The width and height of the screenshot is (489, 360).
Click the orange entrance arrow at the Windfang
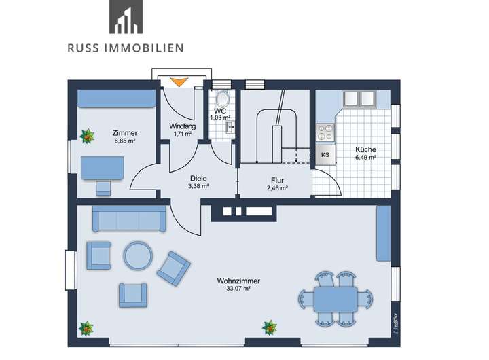click(179, 82)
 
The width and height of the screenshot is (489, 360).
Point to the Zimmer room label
click(125, 133)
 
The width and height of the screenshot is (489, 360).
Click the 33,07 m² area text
click(234, 289)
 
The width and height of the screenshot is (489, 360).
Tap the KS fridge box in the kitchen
click(325, 154)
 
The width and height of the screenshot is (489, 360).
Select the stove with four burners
click(323, 131)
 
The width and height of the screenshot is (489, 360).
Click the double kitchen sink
click(359, 98)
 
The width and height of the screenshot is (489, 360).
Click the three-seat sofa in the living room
click(129, 219)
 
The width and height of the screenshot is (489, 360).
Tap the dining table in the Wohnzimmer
click(336, 298)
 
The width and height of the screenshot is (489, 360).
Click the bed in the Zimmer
click(117, 99)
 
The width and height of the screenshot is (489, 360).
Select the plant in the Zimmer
click(87, 137)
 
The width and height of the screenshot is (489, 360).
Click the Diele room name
click(198, 178)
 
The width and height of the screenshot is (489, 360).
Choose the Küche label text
click(365, 149)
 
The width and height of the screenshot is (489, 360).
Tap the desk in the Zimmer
click(103, 166)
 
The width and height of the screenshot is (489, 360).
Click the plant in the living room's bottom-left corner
click(86, 328)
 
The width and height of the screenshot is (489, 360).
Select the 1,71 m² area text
click(181, 134)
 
